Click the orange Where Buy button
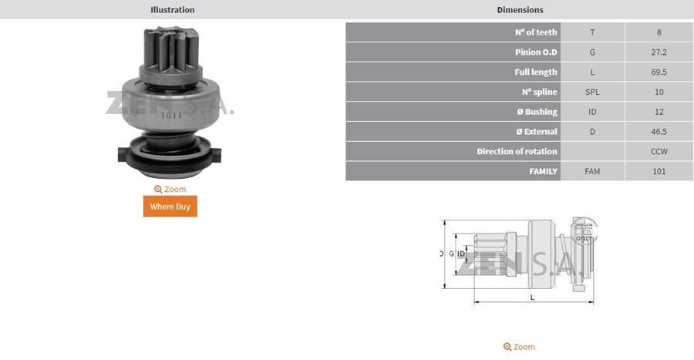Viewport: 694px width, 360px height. click(170, 207)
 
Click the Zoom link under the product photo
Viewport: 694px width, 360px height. click(170, 189)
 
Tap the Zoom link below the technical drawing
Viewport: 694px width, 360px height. click(519, 347)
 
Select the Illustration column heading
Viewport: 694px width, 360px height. click(173, 10)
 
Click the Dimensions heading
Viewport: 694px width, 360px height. click(520, 10)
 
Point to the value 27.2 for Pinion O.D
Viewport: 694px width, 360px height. click(659, 52)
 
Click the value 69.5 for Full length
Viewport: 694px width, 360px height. click(659, 72)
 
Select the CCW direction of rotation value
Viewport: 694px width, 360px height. click(659, 152)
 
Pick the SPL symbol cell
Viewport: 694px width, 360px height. click(592, 92)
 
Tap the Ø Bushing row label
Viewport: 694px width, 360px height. click(537, 112)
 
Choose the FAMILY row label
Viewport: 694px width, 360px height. click(543, 171)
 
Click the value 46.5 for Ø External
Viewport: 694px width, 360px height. click(659, 132)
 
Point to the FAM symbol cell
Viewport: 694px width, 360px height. click(592, 171)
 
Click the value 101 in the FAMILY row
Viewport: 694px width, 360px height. click(659, 171)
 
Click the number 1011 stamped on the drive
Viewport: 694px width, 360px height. click(171, 116)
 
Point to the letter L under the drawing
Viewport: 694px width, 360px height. click(532, 297)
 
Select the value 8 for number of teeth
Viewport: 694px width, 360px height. click(659, 32)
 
